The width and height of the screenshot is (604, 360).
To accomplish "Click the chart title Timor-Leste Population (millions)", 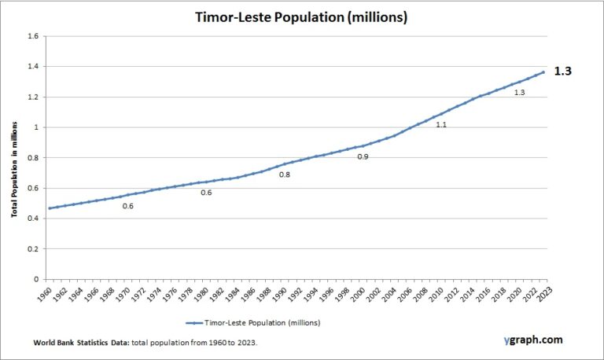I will click(302, 17).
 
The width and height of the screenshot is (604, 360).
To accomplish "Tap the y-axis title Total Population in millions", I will click(15, 157).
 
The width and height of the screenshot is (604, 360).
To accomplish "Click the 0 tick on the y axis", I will click(35, 279).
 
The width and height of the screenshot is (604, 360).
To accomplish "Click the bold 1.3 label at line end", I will click(563, 71).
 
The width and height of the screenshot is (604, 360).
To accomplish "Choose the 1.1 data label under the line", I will click(441, 125).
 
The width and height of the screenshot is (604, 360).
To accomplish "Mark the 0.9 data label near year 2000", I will click(363, 157).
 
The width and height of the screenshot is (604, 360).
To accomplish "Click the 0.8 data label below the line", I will click(285, 174).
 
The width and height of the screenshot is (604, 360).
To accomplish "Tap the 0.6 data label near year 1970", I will click(128, 206).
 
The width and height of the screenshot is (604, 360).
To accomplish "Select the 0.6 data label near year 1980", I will click(206, 193).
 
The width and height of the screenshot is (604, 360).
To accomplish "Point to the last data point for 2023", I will click(543, 72).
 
